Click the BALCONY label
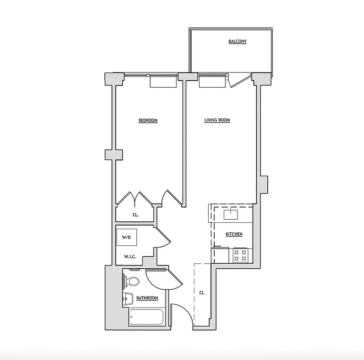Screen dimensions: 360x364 click(x=237, y=41)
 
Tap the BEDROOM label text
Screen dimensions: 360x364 click(x=148, y=121)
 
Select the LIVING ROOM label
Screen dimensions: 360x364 click(x=217, y=120)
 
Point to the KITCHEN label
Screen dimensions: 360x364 click(x=234, y=234)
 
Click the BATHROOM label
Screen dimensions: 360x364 click(x=147, y=298)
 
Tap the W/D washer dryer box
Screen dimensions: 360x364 click(x=127, y=238)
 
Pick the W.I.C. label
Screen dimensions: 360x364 click(x=130, y=257)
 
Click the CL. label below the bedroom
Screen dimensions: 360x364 click(x=135, y=215)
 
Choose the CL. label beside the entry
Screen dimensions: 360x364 click(x=202, y=292)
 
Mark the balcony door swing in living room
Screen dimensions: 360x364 click(x=237, y=81)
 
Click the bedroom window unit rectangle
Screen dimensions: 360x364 click(x=163, y=81)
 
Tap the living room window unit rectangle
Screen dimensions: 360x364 click(x=212, y=81)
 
